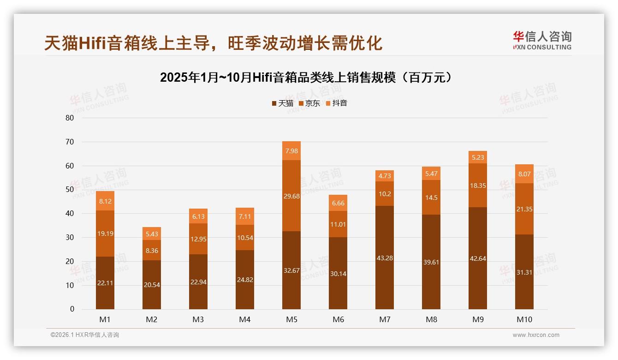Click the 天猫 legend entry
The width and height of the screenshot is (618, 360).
[x=282, y=103]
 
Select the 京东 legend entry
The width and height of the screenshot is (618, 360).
[x=309, y=103]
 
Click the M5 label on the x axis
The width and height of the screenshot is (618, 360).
[x=291, y=319]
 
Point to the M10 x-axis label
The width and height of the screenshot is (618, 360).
[x=524, y=319]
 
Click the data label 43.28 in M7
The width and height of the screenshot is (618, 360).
[x=385, y=258]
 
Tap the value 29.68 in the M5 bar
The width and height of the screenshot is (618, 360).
[x=291, y=196]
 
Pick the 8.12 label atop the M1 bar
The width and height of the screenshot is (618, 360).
[x=105, y=201]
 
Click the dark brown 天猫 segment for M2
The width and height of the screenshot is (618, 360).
[x=152, y=285]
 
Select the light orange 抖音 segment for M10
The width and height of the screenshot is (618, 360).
[x=524, y=174]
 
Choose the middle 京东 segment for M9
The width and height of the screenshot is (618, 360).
[x=478, y=185]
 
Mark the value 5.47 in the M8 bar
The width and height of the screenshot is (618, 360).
[x=431, y=174]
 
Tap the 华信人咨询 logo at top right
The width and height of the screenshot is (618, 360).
[x=542, y=40]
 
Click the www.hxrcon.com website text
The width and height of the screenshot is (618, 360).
[x=536, y=335]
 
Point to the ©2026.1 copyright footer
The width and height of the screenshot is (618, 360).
[x=84, y=335]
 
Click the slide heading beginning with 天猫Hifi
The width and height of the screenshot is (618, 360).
[x=213, y=43]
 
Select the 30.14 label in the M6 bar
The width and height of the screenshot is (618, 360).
[x=338, y=274]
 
